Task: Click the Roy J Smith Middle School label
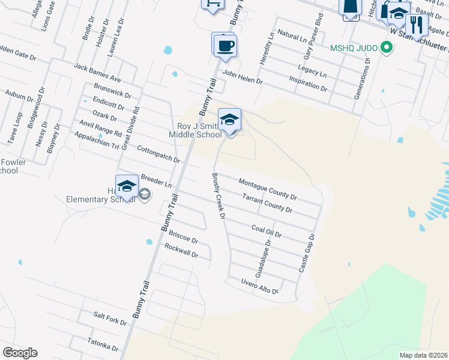200,130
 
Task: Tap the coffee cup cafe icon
225,46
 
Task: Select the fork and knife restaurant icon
416,25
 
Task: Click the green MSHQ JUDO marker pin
387,47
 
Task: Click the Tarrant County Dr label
267,203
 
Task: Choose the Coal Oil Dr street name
267,232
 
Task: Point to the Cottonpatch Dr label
158,154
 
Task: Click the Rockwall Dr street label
181,251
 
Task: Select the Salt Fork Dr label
110,318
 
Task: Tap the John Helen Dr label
243,77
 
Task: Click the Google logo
20,353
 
